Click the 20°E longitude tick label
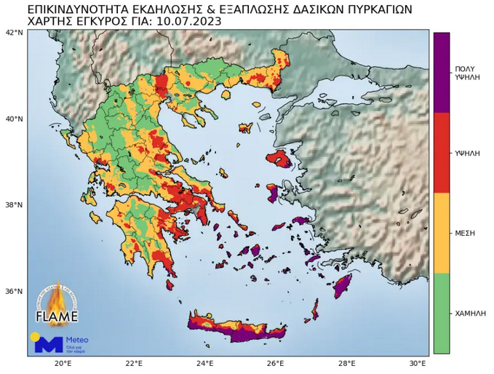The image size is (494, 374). click(63, 363)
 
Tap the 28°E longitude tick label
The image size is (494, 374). click(346, 363)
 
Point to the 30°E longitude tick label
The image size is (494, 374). click(417, 363)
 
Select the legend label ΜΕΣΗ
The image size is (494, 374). click(465, 233)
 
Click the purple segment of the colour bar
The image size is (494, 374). click(441, 72)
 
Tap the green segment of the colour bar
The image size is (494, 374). click(441, 313)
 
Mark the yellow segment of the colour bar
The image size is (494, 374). click(441, 233)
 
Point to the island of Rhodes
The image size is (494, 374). click(343, 286)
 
